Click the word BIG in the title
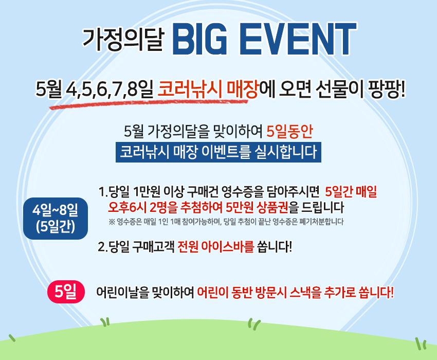tap(200, 39)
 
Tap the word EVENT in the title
tap(298, 39)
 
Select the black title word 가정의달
tap(123, 39)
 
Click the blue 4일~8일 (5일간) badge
tap(56, 219)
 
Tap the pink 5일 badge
tap(66, 292)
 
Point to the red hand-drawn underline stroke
tap(149, 103)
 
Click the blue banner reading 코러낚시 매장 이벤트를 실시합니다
tap(219, 152)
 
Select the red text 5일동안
tap(290, 131)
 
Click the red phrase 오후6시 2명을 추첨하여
tap(165, 207)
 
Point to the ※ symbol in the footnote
tap(112, 222)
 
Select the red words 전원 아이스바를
tap(216, 247)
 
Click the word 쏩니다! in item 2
tap(275, 247)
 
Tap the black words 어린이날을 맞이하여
tap(145, 292)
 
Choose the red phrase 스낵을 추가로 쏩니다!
tap(342, 292)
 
